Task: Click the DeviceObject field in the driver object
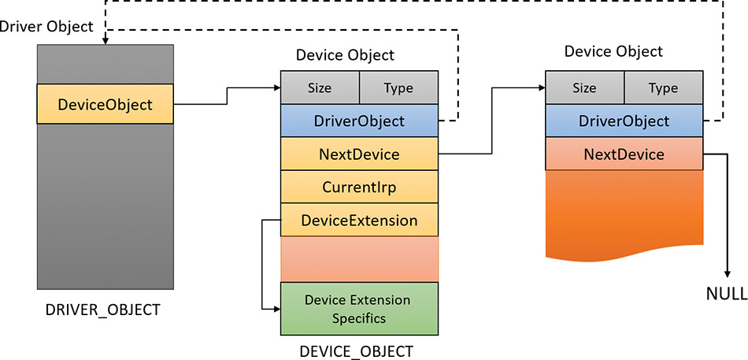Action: tap(105, 104)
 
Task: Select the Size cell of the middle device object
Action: tap(320, 87)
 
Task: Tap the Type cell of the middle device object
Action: tap(398, 87)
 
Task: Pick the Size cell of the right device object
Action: tap(584, 87)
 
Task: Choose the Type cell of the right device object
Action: tap(663, 87)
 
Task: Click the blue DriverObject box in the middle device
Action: tap(359, 121)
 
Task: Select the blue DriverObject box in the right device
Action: tap(624, 121)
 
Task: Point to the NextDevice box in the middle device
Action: tap(359, 154)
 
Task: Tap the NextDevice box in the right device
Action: tap(624, 154)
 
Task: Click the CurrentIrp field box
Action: tap(359, 187)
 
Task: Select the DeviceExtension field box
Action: tap(359, 221)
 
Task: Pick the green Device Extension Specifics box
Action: tap(359, 309)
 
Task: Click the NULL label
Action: tap(726, 295)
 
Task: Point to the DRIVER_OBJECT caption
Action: tap(102, 310)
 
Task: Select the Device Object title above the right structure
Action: tap(614, 51)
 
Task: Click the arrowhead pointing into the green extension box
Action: tap(276, 309)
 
